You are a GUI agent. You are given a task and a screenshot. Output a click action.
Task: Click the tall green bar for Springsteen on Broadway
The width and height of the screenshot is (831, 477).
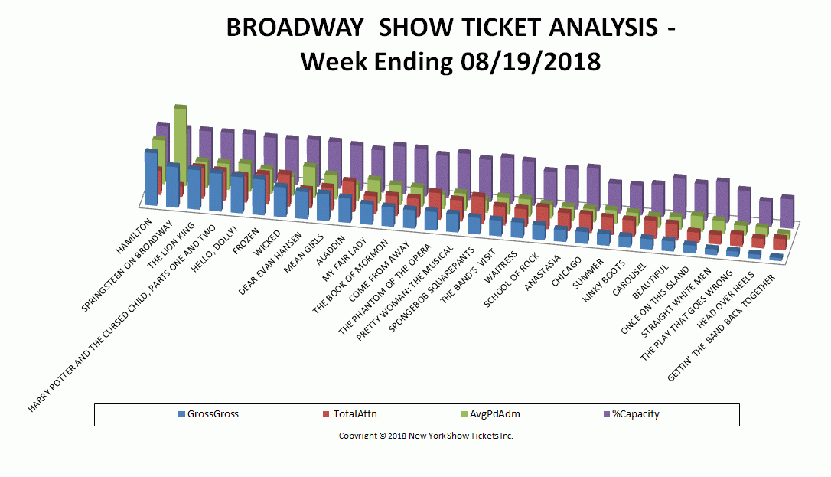tap(180, 143)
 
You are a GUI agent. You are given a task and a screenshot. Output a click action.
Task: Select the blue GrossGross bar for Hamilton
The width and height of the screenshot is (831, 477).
tap(151, 178)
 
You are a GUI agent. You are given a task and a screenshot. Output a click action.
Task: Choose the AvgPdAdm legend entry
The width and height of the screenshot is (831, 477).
tap(490, 414)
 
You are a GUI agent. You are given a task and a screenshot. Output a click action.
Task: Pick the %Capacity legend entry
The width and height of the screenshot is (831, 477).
tap(631, 414)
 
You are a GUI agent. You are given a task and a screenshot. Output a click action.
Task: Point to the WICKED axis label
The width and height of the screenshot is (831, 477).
tap(267, 243)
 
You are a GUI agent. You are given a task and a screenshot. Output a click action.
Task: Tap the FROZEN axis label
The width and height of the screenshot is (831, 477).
tap(247, 240)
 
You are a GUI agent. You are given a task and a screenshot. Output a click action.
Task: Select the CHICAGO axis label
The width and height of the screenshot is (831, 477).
tap(566, 271)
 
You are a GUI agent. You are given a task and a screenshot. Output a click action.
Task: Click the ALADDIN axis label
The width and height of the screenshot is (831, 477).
tap(330, 250)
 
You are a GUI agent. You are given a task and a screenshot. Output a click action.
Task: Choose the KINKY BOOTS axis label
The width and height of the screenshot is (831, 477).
tap(605, 281)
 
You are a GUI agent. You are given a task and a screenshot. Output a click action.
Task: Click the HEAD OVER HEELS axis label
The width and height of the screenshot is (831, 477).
tap(725, 300)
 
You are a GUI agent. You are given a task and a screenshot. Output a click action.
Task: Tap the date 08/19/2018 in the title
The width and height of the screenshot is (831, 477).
tap(530, 62)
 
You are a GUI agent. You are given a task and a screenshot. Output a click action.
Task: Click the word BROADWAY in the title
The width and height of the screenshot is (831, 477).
tap(295, 28)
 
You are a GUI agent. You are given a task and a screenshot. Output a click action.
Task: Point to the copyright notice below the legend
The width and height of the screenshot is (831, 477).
tap(426, 436)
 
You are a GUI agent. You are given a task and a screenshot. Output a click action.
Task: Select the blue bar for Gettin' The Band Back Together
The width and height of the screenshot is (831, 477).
tap(777, 257)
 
